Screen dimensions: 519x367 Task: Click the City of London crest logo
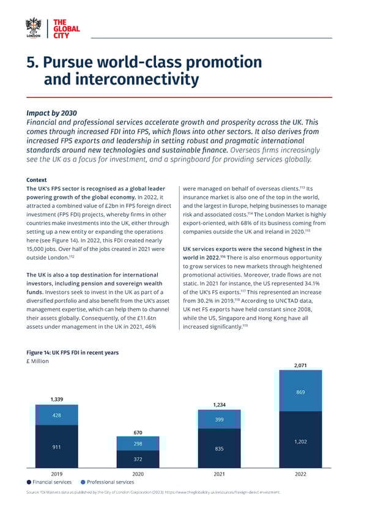tap(33, 28)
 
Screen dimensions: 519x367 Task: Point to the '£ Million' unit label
tap(37, 361)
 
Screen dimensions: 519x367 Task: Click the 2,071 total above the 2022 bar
tap(300, 365)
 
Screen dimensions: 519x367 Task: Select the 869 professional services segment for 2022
tap(300, 392)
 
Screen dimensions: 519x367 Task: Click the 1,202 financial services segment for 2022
tap(300, 441)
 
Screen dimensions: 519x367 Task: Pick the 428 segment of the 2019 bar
tap(56, 414)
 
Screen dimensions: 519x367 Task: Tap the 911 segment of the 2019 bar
tap(56, 447)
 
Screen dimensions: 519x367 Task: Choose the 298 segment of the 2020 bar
tap(138, 444)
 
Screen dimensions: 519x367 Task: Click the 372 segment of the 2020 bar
tap(138, 458)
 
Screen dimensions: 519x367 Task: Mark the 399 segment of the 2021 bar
tap(219, 419)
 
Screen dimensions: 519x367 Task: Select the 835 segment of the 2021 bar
tap(219, 449)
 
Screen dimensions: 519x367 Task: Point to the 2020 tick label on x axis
tap(138, 474)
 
